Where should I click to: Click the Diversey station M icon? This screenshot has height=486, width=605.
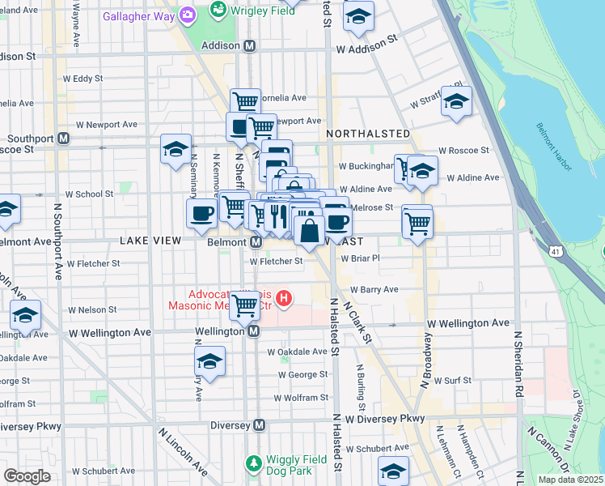[259, 425]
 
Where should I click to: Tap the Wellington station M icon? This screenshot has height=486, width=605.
[253, 331]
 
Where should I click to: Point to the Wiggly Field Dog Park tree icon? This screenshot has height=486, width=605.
[253, 463]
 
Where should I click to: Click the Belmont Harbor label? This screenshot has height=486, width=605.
[554, 147]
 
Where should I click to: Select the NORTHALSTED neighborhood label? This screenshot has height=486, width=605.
[368, 133]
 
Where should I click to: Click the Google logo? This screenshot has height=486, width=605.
[27, 475]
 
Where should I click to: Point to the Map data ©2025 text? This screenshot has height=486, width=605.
[571, 480]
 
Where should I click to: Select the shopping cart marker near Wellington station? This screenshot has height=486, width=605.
[245, 305]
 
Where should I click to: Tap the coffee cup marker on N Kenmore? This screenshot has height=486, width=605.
[201, 213]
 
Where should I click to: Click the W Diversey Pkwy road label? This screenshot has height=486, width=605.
[384, 419]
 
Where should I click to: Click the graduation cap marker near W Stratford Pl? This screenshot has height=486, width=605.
[456, 101]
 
